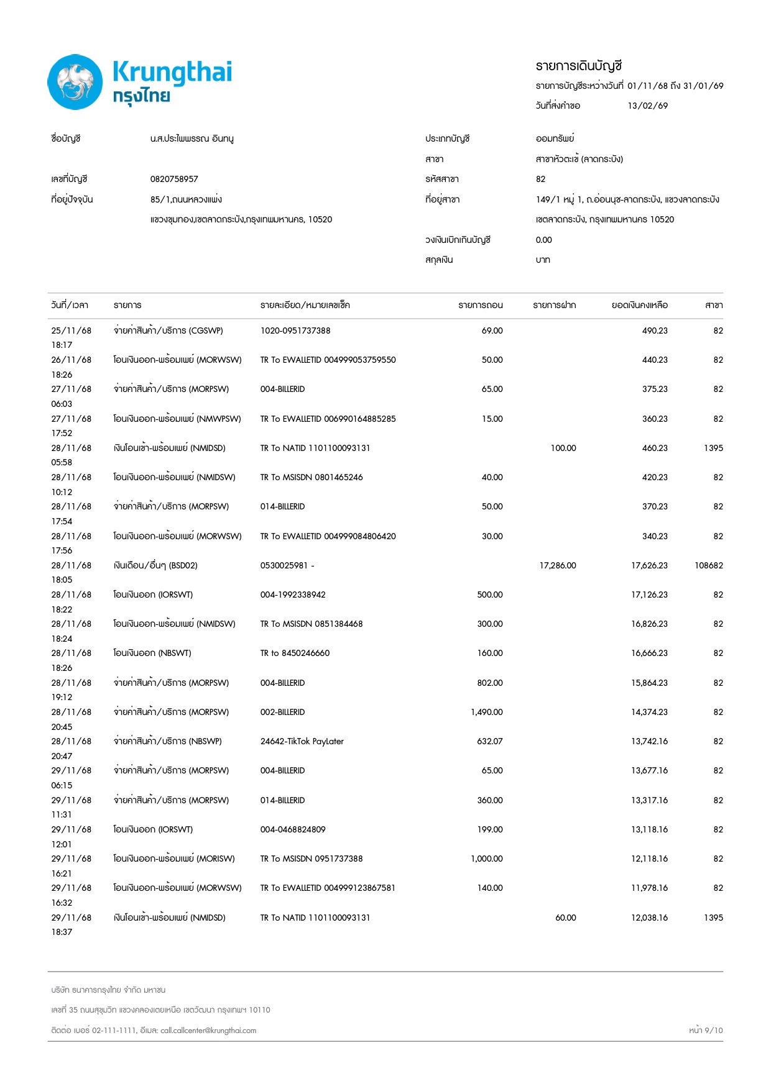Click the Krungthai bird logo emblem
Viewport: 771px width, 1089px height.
point(75,82)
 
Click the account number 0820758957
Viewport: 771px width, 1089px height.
point(174,179)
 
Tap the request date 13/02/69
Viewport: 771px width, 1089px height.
point(647,106)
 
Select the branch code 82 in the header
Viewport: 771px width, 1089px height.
point(540,179)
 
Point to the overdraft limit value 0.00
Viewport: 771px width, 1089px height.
point(543,240)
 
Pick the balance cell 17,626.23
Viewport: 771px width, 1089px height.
point(649,565)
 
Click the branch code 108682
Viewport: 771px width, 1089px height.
point(708,565)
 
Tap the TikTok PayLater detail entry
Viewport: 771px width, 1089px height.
point(302,741)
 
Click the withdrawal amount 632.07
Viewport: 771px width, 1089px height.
point(490,741)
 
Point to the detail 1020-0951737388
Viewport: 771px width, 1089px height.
point(295,330)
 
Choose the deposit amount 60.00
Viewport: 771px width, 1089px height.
point(565,918)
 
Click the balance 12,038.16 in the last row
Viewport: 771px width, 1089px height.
point(649,918)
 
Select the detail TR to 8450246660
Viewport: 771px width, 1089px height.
point(295,653)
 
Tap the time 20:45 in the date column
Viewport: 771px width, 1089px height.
point(62,727)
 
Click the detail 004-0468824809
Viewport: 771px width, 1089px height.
point(293,829)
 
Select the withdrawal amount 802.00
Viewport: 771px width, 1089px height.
point(490,683)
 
